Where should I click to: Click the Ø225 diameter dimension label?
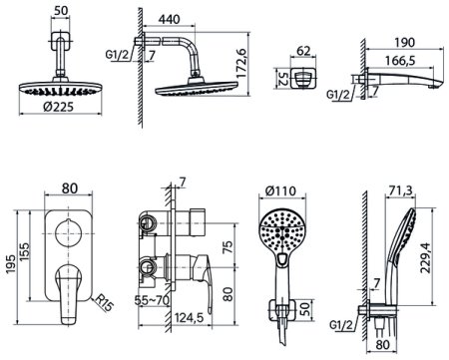point(58,107)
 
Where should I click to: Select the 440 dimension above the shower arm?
point(170,19)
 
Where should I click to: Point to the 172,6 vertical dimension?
point(241,64)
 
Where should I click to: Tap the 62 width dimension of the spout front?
point(303,51)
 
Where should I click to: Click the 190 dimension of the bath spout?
point(405,43)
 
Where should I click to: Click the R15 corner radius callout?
point(104,303)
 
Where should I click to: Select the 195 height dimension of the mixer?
point(11,264)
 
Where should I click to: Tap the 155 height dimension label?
point(25,252)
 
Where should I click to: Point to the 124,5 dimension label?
point(189,318)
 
